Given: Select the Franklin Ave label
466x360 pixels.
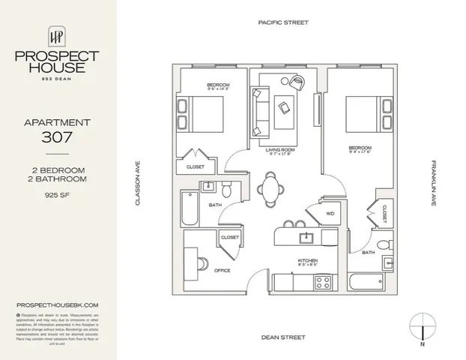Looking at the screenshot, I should (x=433, y=184).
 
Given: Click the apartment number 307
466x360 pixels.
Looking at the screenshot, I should (x=58, y=136).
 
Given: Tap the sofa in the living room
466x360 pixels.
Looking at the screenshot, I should (x=261, y=114).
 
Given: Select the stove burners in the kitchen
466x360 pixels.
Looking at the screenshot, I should (x=323, y=282).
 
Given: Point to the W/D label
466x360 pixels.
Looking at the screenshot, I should (x=330, y=214).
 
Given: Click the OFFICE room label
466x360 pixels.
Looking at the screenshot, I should (x=223, y=270).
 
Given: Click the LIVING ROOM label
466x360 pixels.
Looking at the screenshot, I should (x=281, y=150).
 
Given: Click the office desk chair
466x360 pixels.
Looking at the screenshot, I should (x=204, y=263).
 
